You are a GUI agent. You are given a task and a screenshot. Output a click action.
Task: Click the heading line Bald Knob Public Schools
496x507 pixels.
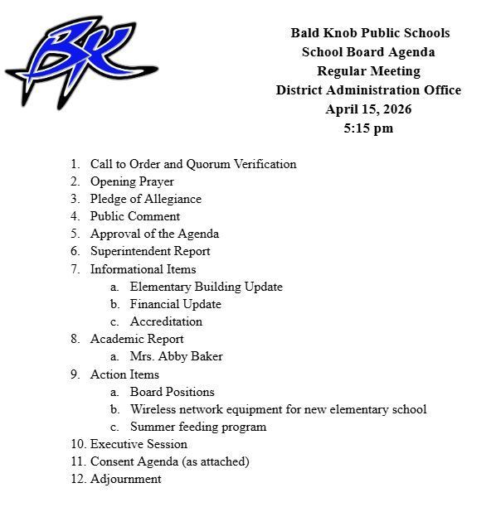370,33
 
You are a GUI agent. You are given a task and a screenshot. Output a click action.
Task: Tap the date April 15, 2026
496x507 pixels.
369,109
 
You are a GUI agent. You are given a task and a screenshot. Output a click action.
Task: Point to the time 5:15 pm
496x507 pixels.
368,128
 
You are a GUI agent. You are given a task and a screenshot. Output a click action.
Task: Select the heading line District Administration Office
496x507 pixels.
368,90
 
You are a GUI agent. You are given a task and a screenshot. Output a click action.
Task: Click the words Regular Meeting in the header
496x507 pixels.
369,71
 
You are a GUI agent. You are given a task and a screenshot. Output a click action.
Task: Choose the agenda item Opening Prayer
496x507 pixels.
132,181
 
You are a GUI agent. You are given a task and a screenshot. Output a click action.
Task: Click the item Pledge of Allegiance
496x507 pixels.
145,199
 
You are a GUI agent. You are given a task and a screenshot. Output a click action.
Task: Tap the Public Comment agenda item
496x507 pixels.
135,216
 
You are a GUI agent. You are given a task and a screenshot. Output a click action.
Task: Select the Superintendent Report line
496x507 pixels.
150,251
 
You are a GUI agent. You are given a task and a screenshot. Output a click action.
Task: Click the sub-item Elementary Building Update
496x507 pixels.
206,287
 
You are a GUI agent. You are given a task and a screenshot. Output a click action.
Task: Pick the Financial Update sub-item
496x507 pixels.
175,304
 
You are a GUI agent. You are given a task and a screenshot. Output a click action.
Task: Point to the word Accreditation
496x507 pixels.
166,321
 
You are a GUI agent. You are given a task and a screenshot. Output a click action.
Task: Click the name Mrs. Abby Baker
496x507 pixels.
176,356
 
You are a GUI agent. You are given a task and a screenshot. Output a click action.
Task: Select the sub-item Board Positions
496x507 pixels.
172,392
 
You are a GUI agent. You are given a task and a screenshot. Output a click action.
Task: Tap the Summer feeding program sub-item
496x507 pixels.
198,427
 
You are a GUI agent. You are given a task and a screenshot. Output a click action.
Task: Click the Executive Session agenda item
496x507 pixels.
139,444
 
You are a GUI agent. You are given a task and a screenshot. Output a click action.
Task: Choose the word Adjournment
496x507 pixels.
125,479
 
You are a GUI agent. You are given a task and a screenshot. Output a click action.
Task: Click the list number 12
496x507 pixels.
76,479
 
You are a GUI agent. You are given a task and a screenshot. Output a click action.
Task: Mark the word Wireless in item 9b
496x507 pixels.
151,409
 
